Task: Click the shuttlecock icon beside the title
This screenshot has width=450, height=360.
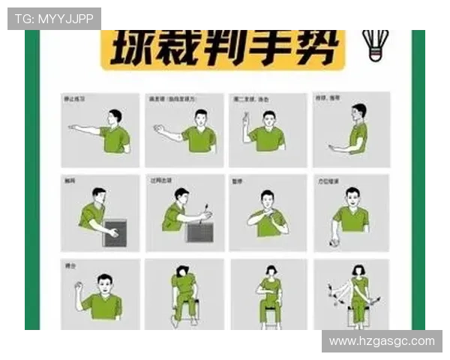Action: [x=375, y=46]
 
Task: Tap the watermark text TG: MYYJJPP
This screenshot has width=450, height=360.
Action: [x=54, y=19]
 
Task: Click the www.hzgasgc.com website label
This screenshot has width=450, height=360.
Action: [x=381, y=341]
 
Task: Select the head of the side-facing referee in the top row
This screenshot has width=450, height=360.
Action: [x=359, y=111]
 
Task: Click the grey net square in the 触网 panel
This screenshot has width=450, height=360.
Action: [x=115, y=232]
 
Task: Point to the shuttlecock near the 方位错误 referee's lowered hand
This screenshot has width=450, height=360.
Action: [x=335, y=242]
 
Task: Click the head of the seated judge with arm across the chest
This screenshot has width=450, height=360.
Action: [x=270, y=271]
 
